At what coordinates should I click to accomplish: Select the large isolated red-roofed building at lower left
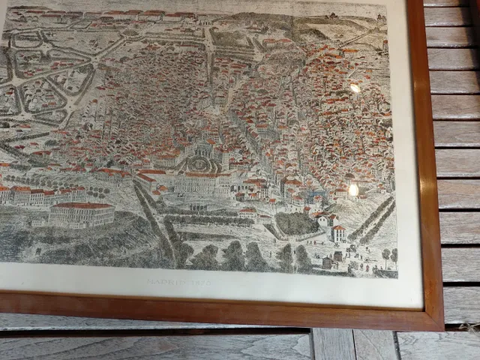[x=82, y=214]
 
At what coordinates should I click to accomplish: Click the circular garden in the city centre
[x=199, y=163]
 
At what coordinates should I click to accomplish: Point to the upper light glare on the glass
[x=355, y=88]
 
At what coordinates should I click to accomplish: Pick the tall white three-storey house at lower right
[x=338, y=233]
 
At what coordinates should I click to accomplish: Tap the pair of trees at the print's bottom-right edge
[x=389, y=256]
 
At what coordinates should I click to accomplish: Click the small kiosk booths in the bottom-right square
[x=328, y=262]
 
